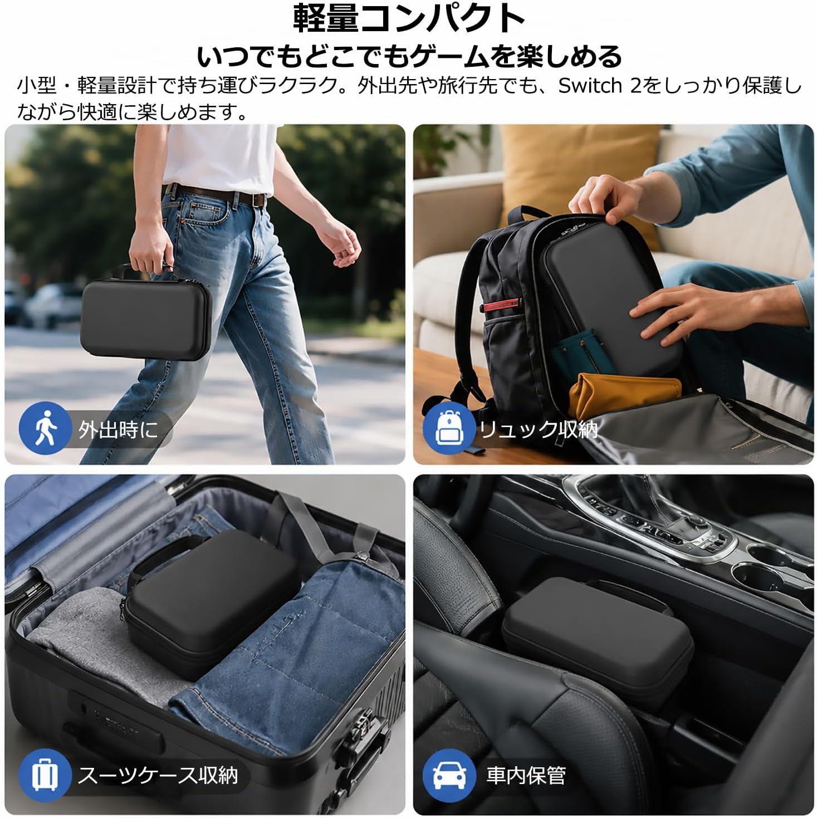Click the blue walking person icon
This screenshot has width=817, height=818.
pyautogui.click(x=45, y=428)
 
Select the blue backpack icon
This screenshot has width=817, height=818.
pyautogui.click(x=449, y=428)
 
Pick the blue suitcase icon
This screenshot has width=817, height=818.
pyautogui.click(x=45, y=775)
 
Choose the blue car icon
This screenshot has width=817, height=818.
pyautogui.click(x=449, y=775)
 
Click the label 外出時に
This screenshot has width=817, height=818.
pyautogui.click(x=118, y=429)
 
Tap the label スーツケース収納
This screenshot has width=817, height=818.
pyautogui.click(x=158, y=775)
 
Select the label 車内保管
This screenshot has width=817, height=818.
pyautogui.click(x=526, y=775)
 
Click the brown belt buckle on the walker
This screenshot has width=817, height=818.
pyautogui.click(x=258, y=199)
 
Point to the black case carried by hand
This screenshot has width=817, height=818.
pyautogui.click(x=146, y=316)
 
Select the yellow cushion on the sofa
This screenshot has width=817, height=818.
pyautogui.click(x=580, y=178)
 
